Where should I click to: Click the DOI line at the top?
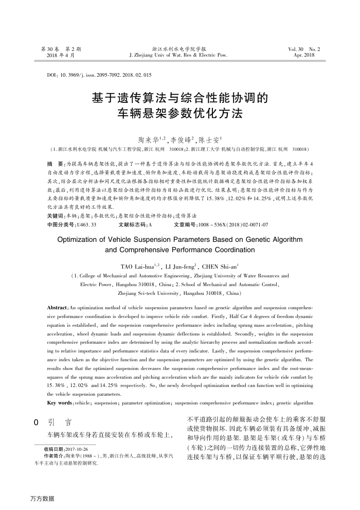[x=99, y=75]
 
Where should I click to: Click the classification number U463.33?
[x=86, y=224]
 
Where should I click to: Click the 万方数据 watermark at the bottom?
[x=42, y=498]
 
